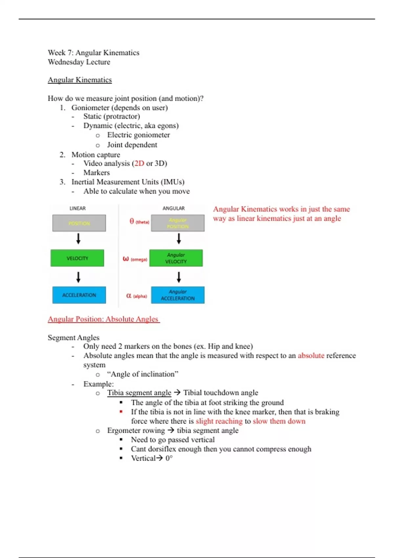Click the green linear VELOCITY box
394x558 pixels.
(x=77, y=258)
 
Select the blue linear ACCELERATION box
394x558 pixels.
(x=79, y=295)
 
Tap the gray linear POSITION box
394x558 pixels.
(x=79, y=223)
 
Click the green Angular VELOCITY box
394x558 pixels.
(x=176, y=258)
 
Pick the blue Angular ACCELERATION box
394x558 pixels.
(x=178, y=295)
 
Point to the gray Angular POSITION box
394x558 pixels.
(x=178, y=223)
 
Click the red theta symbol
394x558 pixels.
(x=132, y=221)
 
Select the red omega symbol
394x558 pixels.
(x=125, y=259)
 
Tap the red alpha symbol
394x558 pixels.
(x=129, y=296)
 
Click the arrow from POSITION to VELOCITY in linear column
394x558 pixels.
(x=78, y=239)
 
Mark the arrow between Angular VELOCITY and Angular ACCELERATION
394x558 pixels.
(x=179, y=277)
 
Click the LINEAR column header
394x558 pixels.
(x=77, y=208)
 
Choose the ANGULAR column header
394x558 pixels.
(x=174, y=208)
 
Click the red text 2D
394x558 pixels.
(x=139, y=163)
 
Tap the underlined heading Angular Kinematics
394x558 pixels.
(x=80, y=80)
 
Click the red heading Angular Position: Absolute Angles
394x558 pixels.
(x=103, y=319)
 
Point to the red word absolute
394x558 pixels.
(x=311, y=355)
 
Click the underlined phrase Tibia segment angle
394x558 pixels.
(x=139, y=393)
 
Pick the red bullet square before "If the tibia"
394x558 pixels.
(x=121, y=412)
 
